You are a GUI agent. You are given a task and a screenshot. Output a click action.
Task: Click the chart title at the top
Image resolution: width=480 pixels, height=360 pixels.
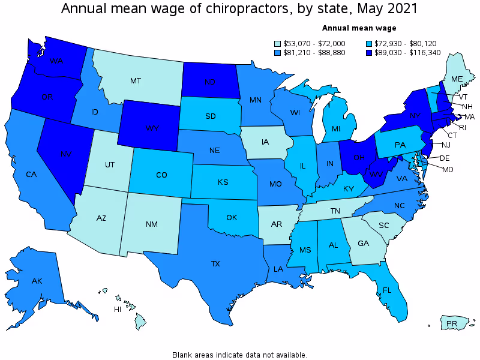239,9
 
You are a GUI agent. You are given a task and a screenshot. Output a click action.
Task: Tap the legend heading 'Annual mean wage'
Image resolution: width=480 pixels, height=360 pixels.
359,28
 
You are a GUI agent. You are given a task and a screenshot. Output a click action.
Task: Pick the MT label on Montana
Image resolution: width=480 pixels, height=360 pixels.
136,80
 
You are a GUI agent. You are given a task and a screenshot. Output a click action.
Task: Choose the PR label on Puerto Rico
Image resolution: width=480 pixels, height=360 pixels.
452,324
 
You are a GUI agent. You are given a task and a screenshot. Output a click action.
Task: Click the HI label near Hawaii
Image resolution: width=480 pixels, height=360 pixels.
118,310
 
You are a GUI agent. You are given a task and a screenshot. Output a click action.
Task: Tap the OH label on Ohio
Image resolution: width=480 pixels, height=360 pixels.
359,158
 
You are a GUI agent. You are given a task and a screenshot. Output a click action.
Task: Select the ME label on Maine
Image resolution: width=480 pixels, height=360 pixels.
457,79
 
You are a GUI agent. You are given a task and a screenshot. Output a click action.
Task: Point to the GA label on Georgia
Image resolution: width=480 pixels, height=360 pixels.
362,244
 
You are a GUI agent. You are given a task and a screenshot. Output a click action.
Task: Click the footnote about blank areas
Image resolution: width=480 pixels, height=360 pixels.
239,355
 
